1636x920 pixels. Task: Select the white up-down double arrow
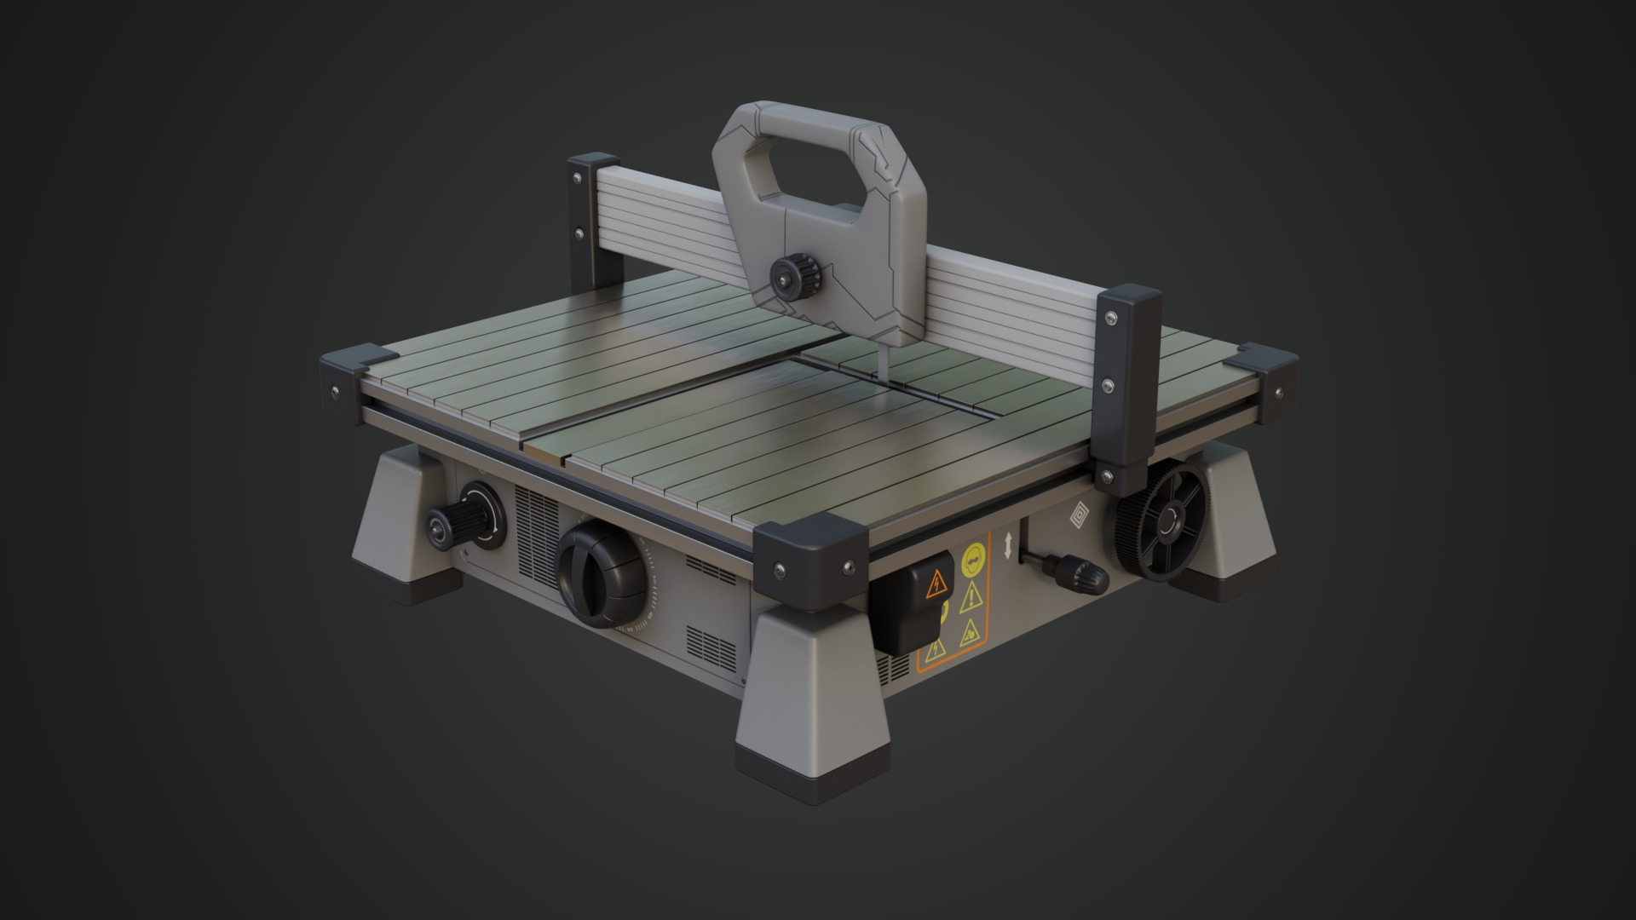pos(1008,545)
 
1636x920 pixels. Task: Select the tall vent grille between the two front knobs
pos(536,528)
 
